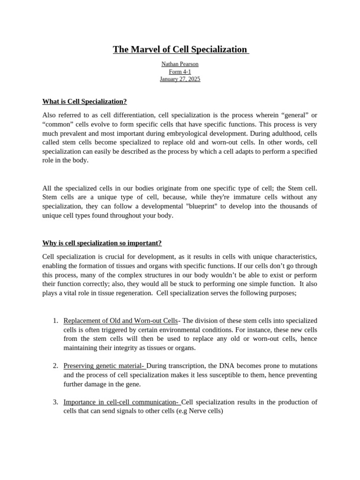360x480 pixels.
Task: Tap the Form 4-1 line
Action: coord(180,71)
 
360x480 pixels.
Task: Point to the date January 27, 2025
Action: coord(180,79)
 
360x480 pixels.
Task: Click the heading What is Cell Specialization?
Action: coord(84,101)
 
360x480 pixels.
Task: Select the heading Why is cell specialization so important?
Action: coord(102,243)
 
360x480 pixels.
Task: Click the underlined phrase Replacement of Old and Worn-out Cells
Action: coord(120,321)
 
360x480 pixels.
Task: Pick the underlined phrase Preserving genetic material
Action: coord(104,366)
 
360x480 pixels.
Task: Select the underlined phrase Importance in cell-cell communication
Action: coord(121,402)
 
